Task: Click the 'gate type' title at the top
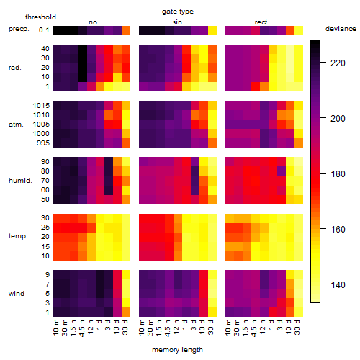[x=178, y=12]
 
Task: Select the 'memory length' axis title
[x=177, y=350]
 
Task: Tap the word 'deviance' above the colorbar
[x=341, y=29]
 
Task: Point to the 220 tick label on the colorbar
[x=338, y=63]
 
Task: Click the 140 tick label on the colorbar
[x=338, y=285]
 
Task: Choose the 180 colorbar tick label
[x=338, y=174]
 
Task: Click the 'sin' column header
[x=177, y=22]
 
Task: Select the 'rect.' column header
[x=261, y=22]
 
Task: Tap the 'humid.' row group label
[x=20, y=181]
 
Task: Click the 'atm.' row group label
[x=16, y=125]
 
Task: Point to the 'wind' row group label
[x=17, y=294]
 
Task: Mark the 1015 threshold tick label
[x=41, y=106]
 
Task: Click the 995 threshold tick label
[x=43, y=143]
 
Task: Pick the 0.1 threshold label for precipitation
[x=44, y=30]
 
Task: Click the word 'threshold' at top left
[x=40, y=17]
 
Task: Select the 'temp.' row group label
[x=18, y=236]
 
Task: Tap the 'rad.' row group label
[x=15, y=68]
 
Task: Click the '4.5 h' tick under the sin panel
[x=168, y=328]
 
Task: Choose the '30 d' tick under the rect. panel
[x=297, y=327]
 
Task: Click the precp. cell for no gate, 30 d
[x=126, y=30]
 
